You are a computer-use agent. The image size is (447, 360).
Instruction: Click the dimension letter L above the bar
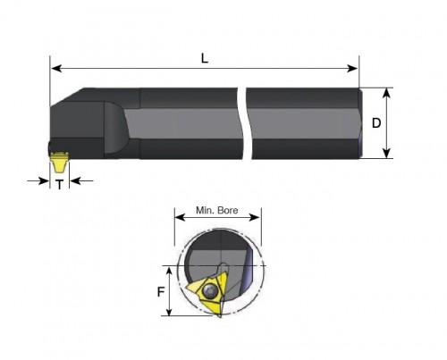(205, 59)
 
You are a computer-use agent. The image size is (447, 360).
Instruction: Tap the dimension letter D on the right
(376, 123)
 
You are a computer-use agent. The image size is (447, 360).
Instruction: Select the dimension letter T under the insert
(60, 185)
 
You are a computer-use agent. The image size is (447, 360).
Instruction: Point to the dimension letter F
(161, 292)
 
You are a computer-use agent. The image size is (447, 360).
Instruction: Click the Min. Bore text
(217, 210)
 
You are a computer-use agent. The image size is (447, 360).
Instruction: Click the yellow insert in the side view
(59, 162)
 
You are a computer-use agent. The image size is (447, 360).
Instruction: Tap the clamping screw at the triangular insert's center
(208, 290)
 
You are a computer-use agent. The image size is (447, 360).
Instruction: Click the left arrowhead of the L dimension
(56, 69)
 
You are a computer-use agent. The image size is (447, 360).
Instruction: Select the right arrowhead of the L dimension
(352, 69)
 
